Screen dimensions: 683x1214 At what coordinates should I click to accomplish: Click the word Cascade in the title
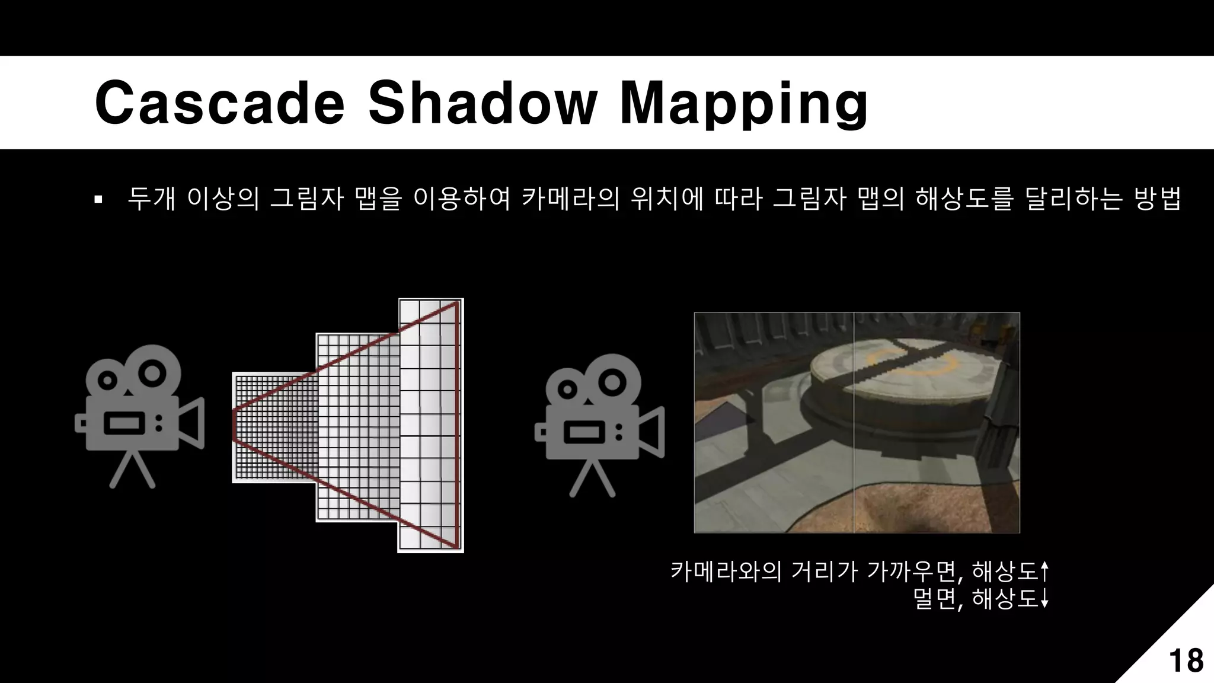point(219,104)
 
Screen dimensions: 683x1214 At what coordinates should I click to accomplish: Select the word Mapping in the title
point(743,106)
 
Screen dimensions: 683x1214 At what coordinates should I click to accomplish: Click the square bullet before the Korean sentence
point(98,199)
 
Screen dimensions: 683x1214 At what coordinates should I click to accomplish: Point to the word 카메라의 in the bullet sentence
point(570,199)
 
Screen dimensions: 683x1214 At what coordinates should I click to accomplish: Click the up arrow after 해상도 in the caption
point(1044,572)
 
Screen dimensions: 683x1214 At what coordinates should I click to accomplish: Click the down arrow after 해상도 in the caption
point(1044,599)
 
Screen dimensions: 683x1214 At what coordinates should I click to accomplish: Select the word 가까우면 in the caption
point(912,572)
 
